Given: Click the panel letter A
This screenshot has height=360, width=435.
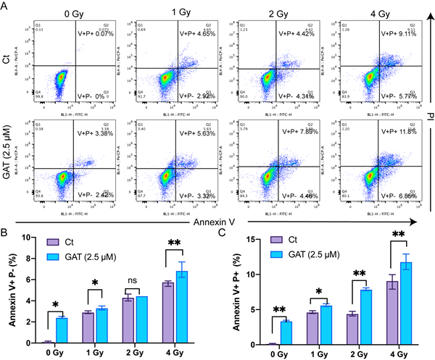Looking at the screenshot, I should click(6, 6).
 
